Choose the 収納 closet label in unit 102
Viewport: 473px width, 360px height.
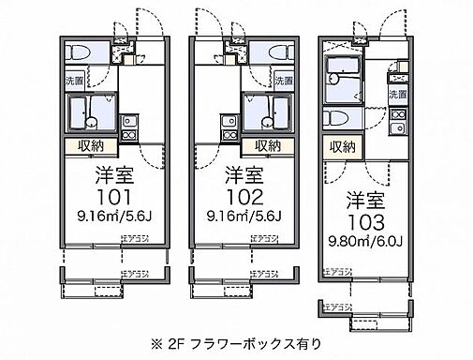(266, 145)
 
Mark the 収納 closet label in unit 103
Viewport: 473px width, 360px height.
(341, 145)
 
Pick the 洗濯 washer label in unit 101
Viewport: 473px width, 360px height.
(73, 82)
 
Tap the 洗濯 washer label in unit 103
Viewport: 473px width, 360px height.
(398, 94)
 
